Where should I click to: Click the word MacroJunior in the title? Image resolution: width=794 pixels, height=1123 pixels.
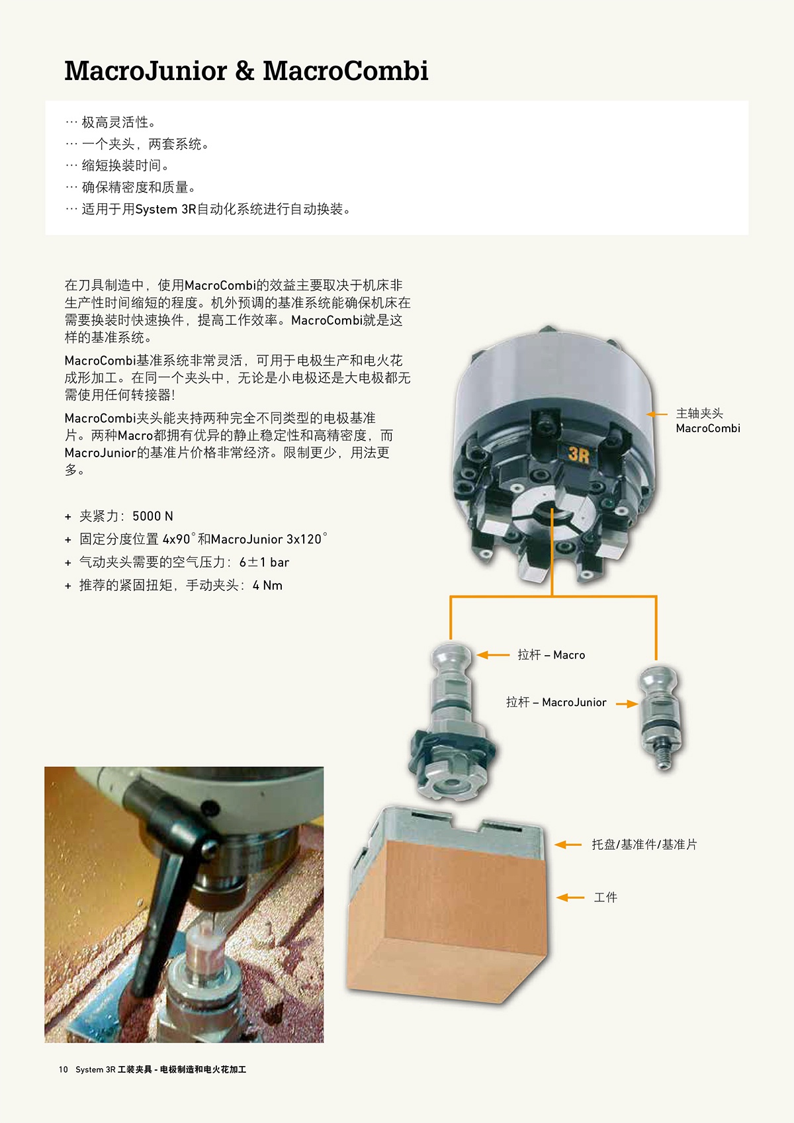(146, 71)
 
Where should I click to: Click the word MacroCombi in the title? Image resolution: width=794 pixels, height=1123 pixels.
(345, 71)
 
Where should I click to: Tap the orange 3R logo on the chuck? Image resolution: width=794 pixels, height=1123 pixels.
(578, 454)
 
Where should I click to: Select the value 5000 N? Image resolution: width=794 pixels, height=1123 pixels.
(152, 516)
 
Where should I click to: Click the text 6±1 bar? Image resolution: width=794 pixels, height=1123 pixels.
(264, 562)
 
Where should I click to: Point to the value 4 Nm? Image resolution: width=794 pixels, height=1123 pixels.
(267, 585)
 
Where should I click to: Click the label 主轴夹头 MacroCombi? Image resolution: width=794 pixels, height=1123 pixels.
(708, 421)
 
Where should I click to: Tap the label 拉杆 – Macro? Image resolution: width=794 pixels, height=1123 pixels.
(551, 654)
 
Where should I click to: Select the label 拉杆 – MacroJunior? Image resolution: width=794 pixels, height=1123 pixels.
(556, 702)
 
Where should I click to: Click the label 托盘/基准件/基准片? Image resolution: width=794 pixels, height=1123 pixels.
(644, 844)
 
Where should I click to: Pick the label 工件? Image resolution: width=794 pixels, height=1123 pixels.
(605, 897)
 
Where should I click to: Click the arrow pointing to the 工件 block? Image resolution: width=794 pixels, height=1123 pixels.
(570, 897)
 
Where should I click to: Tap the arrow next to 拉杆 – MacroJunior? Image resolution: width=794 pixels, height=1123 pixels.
(627, 704)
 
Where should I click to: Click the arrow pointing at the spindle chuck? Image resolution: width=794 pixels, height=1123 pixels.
(656, 414)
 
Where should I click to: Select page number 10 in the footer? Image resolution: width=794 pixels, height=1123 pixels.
(63, 1069)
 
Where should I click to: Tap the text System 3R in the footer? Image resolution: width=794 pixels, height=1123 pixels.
(96, 1069)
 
